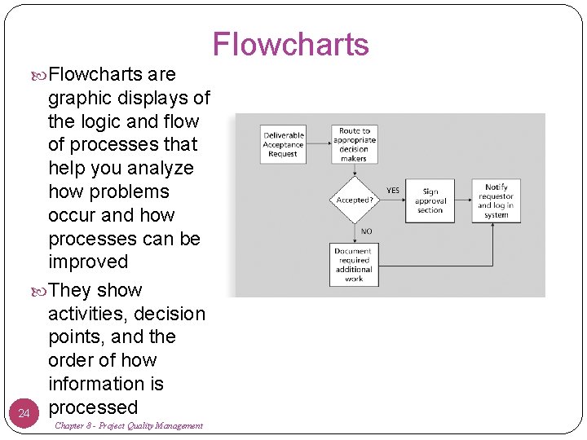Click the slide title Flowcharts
[290, 45]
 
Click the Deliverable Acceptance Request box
[283, 143]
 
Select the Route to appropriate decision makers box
[354, 144]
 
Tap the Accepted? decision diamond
[354, 199]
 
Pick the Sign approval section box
[430, 200]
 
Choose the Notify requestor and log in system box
[496, 200]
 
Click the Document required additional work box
[354, 265]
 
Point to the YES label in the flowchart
[393, 191]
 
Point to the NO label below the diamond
[367, 231]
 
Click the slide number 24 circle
[24, 414]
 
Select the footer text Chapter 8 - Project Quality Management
[129, 426]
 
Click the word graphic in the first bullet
[84, 98]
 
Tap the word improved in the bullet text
[88, 262]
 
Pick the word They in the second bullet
[70, 290]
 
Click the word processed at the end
[93, 407]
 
